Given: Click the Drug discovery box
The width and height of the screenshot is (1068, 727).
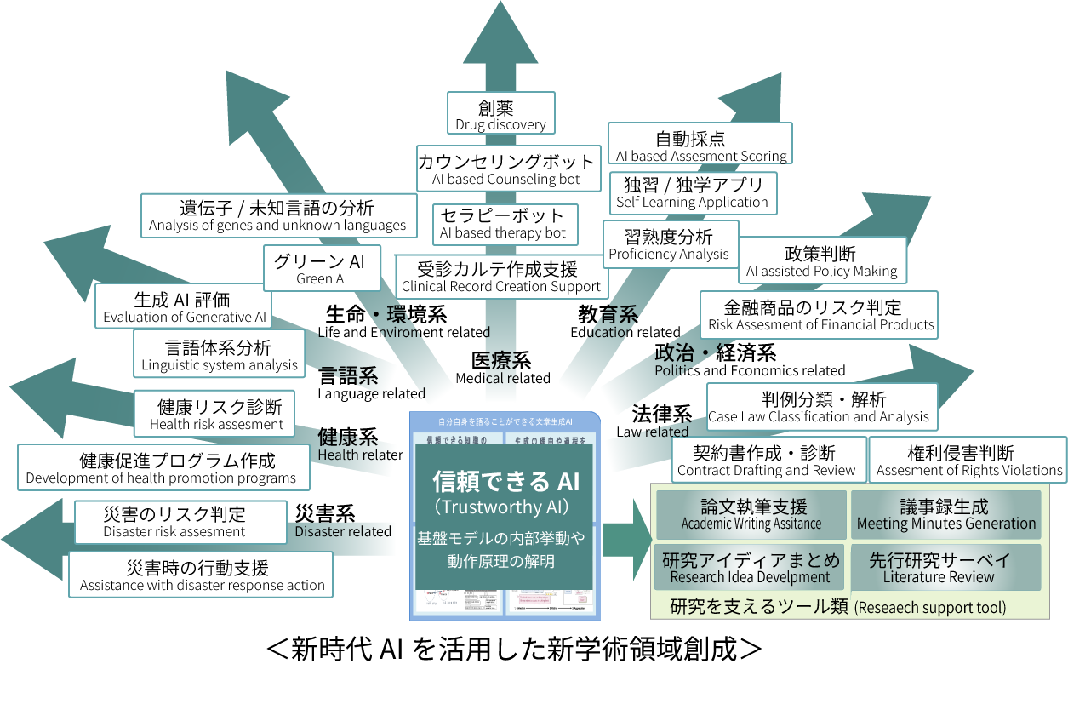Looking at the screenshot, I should click(x=500, y=114).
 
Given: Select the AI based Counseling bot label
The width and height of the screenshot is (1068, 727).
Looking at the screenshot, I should click(x=506, y=169).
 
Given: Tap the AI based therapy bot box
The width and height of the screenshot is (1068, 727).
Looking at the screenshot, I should click(x=503, y=223).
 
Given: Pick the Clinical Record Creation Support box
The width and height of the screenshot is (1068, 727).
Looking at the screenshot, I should click(x=501, y=277).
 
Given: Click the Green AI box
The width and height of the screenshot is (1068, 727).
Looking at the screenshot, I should click(x=322, y=269).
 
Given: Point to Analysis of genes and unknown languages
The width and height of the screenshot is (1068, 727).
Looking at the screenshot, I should click(x=278, y=215).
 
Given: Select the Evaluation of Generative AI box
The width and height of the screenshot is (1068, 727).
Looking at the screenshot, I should click(x=184, y=307).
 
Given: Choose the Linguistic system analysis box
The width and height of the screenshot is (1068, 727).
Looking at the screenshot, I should click(x=220, y=355).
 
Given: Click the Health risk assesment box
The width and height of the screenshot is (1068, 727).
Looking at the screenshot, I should click(x=216, y=415).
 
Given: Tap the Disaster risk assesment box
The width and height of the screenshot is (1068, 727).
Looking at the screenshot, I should click(x=174, y=522).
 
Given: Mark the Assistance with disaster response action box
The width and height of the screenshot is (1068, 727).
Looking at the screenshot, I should click(x=202, y=575).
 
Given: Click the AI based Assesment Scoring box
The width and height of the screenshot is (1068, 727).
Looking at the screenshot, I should click(x=700, y=146).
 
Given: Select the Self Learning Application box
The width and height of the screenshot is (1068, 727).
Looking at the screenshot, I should click(x=692, y=192).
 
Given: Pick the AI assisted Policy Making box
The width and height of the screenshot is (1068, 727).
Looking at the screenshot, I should click(x=822, y=261).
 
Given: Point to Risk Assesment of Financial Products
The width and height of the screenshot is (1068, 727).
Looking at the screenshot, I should click(x=819, y=315).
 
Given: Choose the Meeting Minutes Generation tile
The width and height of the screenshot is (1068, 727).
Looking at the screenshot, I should click(x=945, y=515).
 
